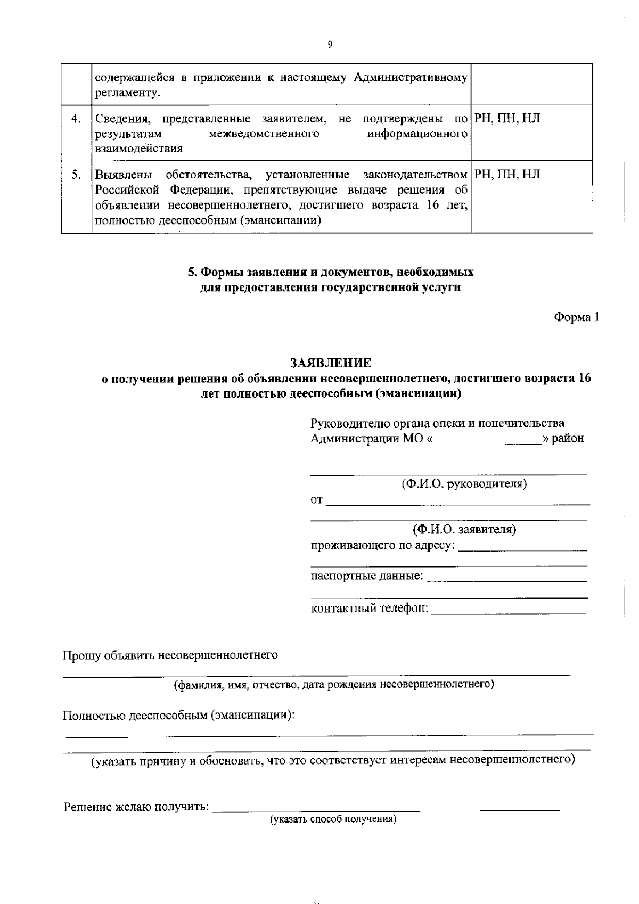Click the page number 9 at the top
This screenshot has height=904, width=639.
[x=330, y=45]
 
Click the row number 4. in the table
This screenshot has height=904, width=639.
[x=76, y=119]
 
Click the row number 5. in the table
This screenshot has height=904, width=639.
[x=76, y=174]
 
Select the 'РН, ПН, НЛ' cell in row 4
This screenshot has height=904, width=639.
[x=507, y=119]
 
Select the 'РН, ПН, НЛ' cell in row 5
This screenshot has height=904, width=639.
[x=507, y=174]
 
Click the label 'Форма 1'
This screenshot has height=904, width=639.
[x=577, y=317]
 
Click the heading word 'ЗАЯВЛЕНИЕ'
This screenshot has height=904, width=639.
[x=331, y=363]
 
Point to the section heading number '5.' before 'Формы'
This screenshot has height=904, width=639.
[x=193, y=273]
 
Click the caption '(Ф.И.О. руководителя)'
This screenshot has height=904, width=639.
[x=464, y=484]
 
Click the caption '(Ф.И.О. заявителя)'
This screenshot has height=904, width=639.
[x=464, y=530]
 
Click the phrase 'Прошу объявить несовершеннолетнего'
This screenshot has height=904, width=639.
[x=170, y=655]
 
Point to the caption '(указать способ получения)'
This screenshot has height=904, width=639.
[x=333, y=819]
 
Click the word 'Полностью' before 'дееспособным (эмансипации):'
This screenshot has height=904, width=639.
[x=94, y=715]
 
